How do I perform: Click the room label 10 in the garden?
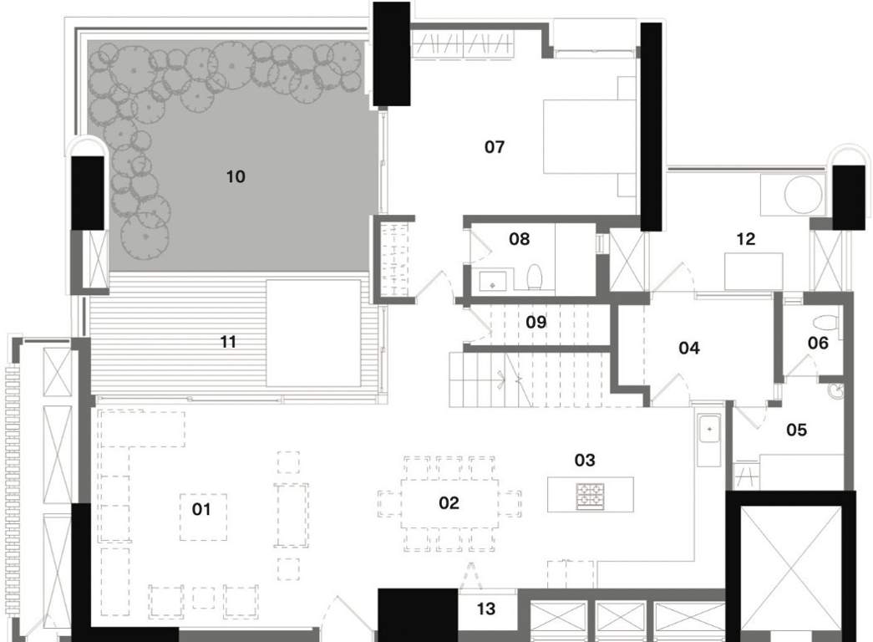(x=236, y=176)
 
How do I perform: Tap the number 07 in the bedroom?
(x=495, y=148)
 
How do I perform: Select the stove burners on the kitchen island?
(x=590, y=495)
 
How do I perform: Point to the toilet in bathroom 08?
(x=535, y=277)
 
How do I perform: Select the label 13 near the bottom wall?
(x=485, y=609)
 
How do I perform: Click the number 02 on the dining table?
(x=449, y=502)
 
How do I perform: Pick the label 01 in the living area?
(x=202, y=508)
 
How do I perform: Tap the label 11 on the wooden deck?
(x=227, y=342)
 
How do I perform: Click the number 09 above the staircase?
(x=535, y=321)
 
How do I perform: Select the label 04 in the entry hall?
(x=688, y=349)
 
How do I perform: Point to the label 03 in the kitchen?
(x=585, y=460)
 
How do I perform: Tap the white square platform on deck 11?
(x=312, y=333)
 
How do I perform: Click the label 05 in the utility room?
(x=796, y=430)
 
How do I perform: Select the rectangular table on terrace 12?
(x=753, y=271)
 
